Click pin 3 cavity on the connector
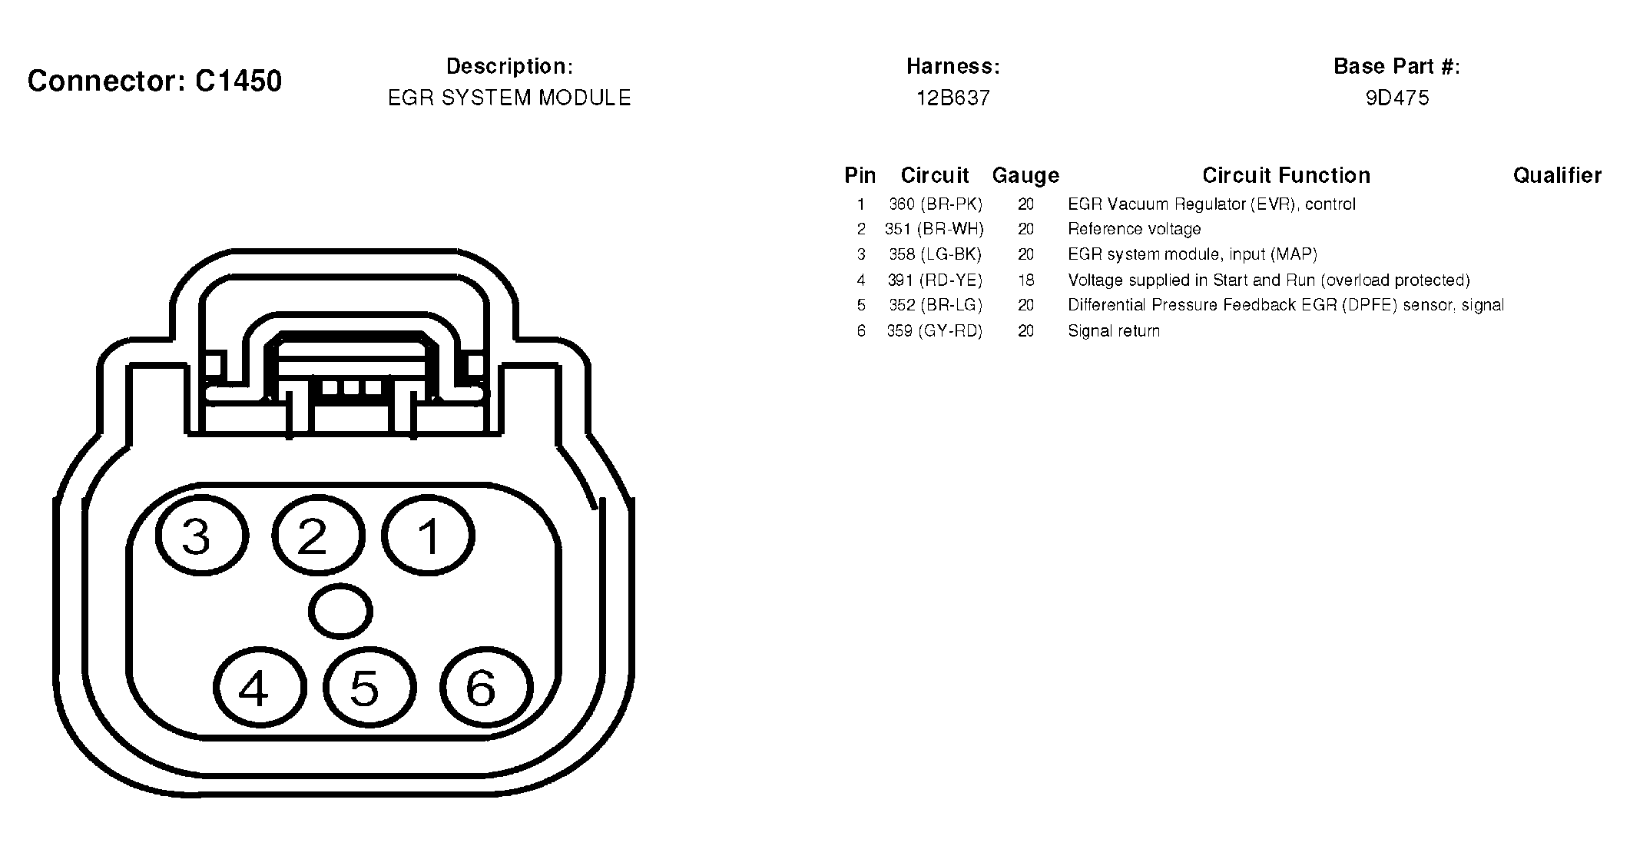pos(202,536)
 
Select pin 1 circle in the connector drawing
pos(428,536)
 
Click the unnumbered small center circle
pos(340,612)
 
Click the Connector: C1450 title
pos(154,81)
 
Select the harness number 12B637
pos(952,98)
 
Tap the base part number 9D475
pos(1397,98)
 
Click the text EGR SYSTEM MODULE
pos(509,98)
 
